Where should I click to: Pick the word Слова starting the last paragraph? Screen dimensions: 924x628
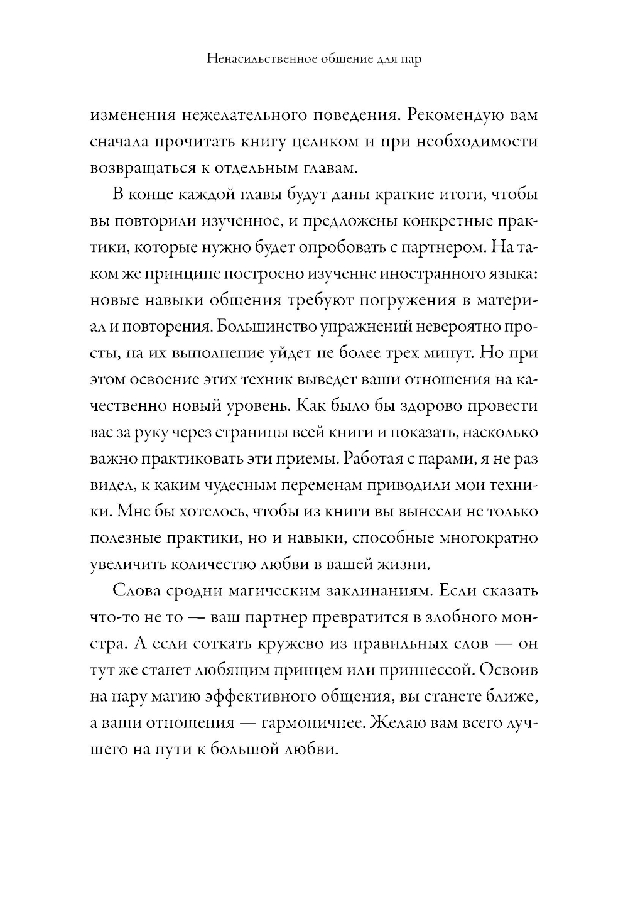(x=134, y=591)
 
